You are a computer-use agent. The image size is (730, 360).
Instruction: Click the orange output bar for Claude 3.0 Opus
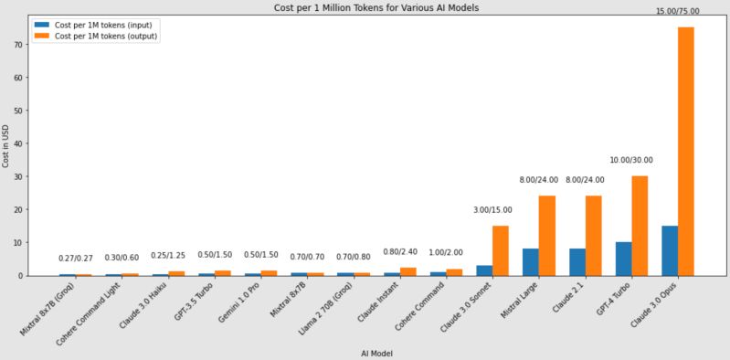(685, 151)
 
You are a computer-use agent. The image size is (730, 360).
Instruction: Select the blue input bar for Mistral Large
(531, 261)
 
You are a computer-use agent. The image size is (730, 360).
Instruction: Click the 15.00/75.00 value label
(677, 10)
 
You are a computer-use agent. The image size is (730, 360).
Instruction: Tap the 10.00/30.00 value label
(630, 160)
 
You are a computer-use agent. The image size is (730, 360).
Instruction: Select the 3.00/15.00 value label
(492, 210)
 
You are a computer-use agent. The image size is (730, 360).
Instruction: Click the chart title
(376, 7)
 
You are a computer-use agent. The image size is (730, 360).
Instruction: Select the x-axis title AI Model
(376, 353)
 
